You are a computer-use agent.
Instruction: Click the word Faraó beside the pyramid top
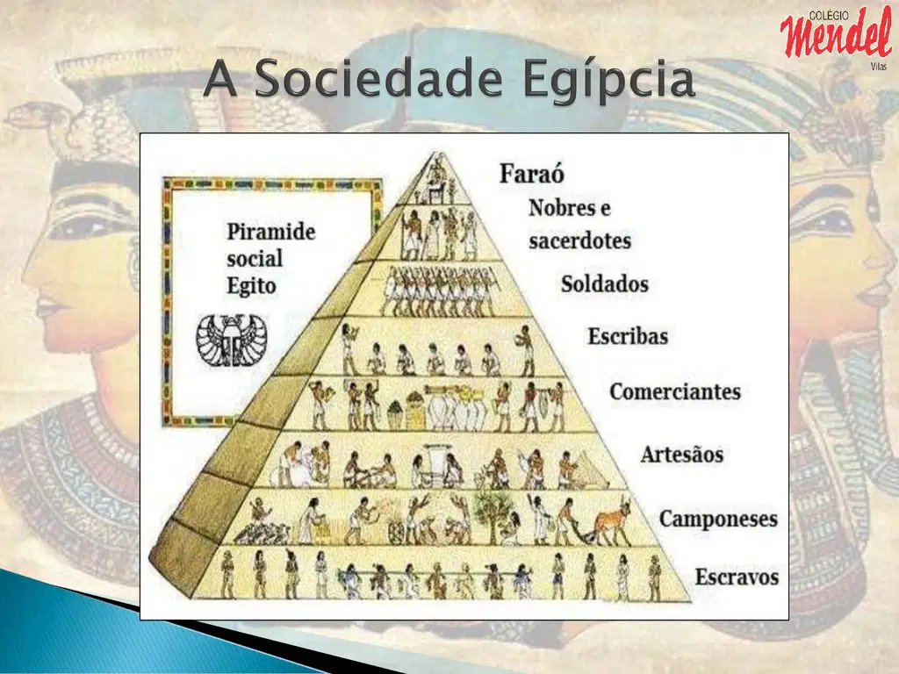(x=531, y=174)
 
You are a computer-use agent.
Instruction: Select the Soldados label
(x=604, y=283)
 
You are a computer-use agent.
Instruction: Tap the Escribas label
(x=628, y=336)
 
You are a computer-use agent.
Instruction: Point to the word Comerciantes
(x=675, y=391)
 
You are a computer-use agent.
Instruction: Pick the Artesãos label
(x=681, y=454)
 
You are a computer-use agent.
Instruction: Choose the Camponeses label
(x=718, y=519)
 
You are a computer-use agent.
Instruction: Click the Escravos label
(x=737, y=577)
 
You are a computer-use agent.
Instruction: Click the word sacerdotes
(x=579, y=240)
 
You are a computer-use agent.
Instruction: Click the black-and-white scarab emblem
(x=232, y=341)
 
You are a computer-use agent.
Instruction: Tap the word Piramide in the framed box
(x=271, y=232)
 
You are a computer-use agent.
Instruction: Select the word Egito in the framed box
(x=252, y=286)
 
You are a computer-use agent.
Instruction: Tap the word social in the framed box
(x=255, y=259)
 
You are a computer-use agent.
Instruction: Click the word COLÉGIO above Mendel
(x=829, y=16)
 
